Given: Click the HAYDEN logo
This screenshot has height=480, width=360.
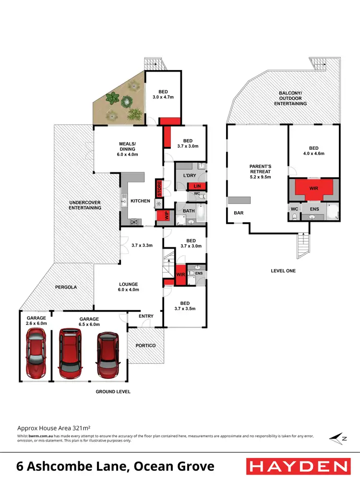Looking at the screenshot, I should point(297,466).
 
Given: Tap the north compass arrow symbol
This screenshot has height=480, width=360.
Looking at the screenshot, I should point(336,438).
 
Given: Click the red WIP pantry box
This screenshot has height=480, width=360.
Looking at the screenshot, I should point(167,216).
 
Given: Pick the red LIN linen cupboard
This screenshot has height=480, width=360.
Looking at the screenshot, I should point(196,187).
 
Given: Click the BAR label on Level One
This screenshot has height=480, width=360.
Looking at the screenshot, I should point(238,212).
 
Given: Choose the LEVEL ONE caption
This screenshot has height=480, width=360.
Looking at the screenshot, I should point(283,271).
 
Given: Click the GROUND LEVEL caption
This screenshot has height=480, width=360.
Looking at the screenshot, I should point(113,392).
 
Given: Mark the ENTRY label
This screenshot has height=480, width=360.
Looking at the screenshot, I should point(146,316).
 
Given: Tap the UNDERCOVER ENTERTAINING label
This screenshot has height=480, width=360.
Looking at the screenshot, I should point(85,205).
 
